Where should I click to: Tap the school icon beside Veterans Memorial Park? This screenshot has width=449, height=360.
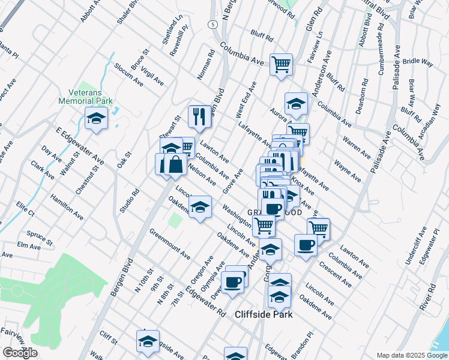(x=96, y=119)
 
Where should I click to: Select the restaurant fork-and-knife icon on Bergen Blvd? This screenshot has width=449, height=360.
(x=199, y=116)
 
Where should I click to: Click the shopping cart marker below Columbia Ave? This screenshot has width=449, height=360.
(x=281, y=64)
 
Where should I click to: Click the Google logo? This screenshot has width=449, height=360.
(x=20, y=353)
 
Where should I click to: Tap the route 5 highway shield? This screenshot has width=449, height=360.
(x=213, y=25)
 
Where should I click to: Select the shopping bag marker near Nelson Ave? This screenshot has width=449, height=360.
(x=175, y=165)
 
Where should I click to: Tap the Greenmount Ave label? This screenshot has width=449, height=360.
(x=170, y=244)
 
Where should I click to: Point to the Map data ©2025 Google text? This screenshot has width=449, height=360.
(x=411, y=355)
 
